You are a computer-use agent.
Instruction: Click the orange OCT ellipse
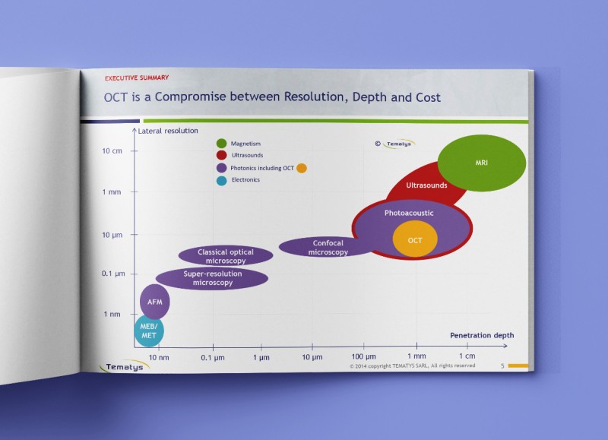tap(414, 240)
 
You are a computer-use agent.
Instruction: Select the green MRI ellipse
tap(481, 163)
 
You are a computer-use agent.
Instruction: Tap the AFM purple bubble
tap(155, 302)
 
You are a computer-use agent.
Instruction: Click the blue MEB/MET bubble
tap(148, 331)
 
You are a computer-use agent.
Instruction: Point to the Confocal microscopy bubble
tap(328, 247)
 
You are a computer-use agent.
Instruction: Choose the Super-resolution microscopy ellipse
tap(212, 278)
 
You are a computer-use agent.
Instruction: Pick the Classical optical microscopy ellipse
tap(225, 256)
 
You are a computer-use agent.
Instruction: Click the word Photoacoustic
tap(409, 214)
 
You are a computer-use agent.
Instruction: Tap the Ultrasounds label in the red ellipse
tap(426, 185)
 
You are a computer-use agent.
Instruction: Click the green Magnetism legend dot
tap(221, 143)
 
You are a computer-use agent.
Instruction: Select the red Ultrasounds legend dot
tap(221, 155)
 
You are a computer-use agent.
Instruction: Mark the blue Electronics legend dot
tap(221, 180)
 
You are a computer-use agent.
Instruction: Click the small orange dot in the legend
tap(302, 168)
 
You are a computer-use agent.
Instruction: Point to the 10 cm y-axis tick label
tap(112, 150)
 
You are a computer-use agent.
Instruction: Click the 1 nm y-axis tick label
tap(112, 313)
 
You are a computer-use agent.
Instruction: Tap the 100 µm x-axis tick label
tap(364, 356)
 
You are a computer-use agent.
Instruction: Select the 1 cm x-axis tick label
tap(466, 356)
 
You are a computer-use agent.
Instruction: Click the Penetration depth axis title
tap(481, 335)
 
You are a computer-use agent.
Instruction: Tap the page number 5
tap(502, 366)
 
